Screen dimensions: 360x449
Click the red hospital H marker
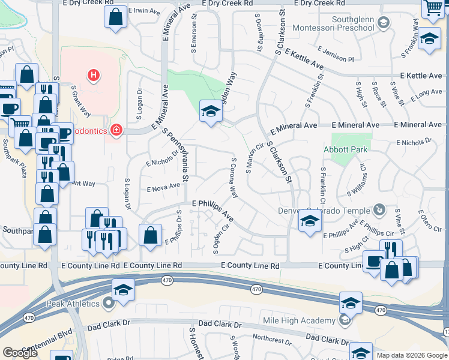(92, 76)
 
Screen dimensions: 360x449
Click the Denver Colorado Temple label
(324, 210)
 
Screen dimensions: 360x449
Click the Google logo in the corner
(20, 353)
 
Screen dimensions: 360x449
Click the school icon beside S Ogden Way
(209, 111)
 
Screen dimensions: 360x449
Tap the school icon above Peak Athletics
(123, 289)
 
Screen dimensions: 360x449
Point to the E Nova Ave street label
(163, 187)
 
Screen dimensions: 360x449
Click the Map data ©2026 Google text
(411, 355)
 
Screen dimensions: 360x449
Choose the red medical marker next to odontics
(116, 130)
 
